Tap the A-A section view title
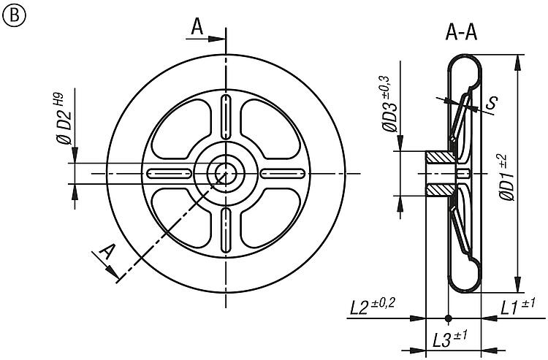(461, 33)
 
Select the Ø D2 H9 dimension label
(62, 118)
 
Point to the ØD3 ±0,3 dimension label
(388, 104)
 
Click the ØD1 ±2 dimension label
(506, 178)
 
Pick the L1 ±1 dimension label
(517, 307)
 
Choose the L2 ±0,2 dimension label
(373, 306)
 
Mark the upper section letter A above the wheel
(197, 26)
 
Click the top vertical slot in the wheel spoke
(226, 118)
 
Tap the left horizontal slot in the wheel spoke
(170, 173)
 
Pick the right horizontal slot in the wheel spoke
(283, 173)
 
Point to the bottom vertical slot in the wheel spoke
(226, 229)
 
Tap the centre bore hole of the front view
(226, 173)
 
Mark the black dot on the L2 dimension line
(448, 318)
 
